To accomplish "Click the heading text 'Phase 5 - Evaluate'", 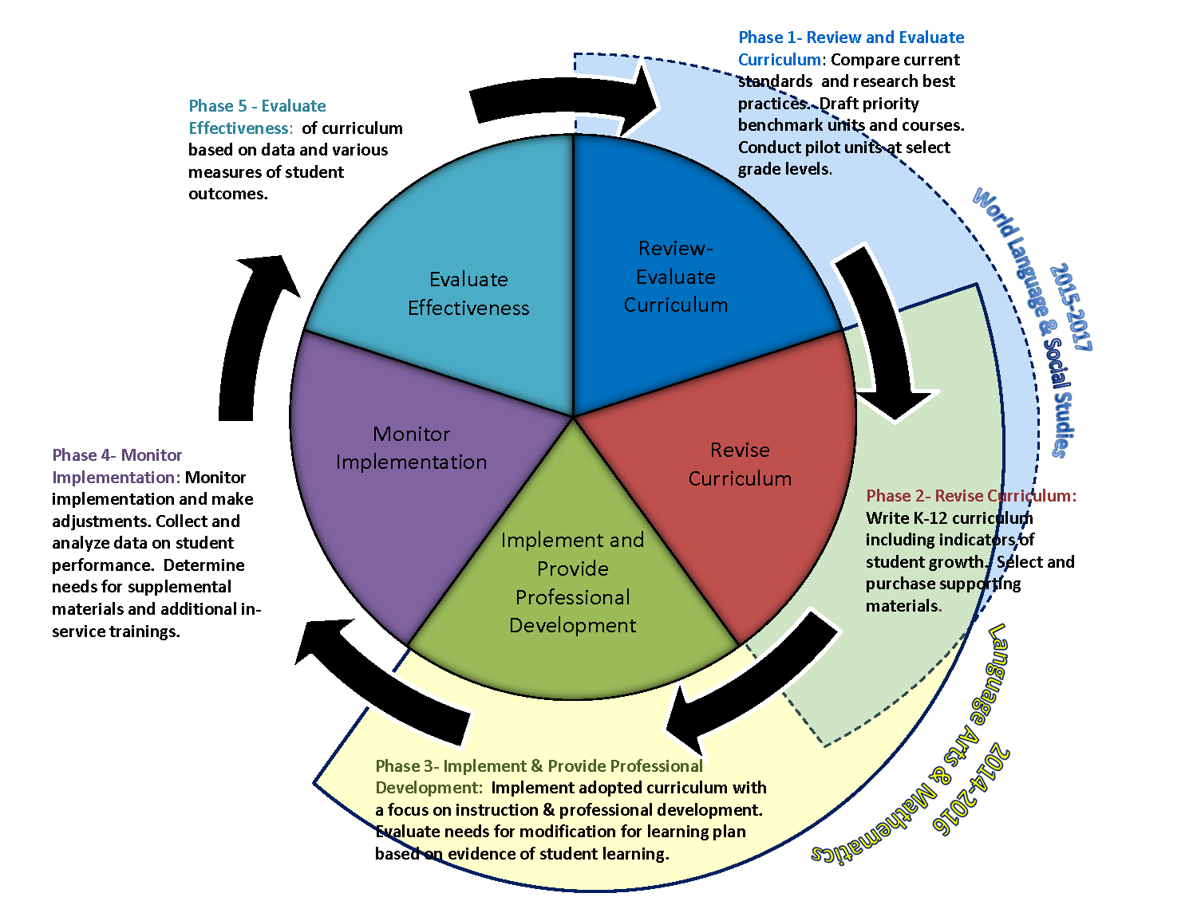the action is coord(257,106).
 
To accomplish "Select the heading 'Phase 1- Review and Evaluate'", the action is coord(851,37).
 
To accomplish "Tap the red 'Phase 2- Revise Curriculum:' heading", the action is coord(971,496).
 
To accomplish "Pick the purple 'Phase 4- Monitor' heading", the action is coord(117,454).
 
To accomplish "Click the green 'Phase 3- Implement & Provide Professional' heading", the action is coord(539,765).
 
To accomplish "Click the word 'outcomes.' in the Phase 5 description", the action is coord(228,194).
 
